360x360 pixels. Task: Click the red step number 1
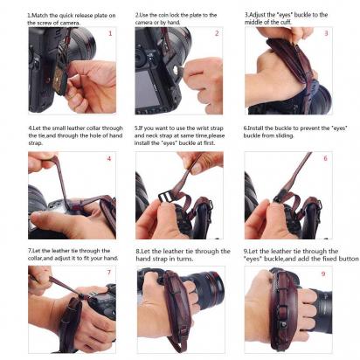click(110, 33)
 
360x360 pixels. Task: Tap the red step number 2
click(217, 33)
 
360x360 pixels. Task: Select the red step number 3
click(326, 33)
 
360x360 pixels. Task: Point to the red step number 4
click(109, 159)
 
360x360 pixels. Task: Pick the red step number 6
click(326, 158)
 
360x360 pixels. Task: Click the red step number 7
click(109, 273)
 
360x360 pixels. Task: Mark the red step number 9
click(323, 273)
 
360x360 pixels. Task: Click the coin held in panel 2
click(177, 70)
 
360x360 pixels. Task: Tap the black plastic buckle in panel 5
click(165, 198)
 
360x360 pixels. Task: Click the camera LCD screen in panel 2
click(148, 88)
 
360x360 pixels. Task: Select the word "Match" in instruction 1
click(40, 15)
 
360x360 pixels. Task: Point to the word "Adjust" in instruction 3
click(258, 15)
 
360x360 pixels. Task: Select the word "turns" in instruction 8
click(184, 259)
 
